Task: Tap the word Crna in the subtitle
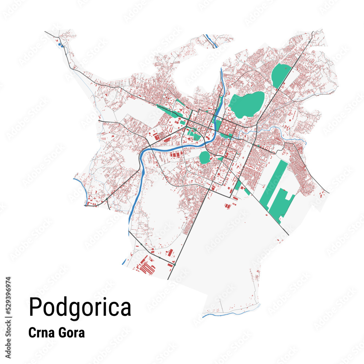[x=41, y=333]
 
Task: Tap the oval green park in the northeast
[x=280, y=75]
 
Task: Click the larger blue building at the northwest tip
[x=61, y=45]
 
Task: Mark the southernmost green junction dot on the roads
[x=174, y=265]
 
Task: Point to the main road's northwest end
[x=46, y=32]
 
